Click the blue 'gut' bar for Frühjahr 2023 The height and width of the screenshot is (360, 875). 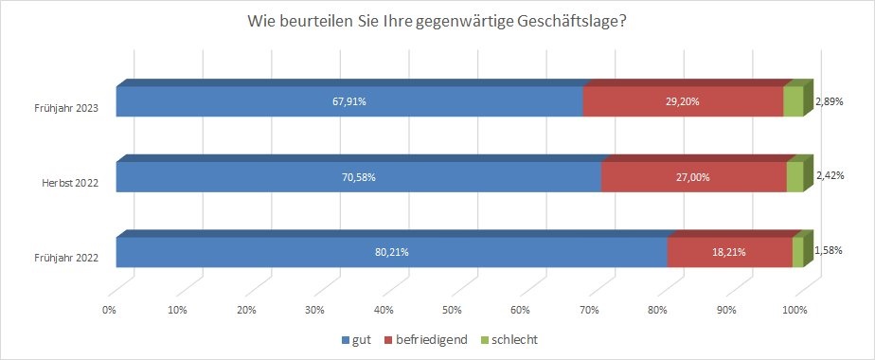click(349, 101)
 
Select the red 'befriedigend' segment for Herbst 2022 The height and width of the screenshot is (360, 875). click(693, 177)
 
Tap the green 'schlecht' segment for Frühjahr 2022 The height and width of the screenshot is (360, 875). click(798, 252)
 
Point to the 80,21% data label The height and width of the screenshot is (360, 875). click(392, 252)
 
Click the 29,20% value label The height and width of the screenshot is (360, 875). click(683, 101)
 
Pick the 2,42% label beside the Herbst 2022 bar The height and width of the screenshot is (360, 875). click(829, 176)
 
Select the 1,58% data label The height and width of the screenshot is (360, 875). click(829, 251)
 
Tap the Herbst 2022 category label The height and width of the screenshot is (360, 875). click(71, 183)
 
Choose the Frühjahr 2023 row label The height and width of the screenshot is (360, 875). click(67, 109)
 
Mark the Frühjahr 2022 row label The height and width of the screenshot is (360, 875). click(67, 258)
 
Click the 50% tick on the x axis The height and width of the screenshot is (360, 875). click(452, 311)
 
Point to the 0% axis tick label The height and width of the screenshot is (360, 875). click(110, 311)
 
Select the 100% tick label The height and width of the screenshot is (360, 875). click(795, 311)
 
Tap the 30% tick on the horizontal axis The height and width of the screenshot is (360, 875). click(314, 311)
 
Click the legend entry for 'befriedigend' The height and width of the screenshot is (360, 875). click(426, 339)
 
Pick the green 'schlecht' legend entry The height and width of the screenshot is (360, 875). click(509, 339)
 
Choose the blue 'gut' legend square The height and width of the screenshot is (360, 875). click(346, 340)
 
